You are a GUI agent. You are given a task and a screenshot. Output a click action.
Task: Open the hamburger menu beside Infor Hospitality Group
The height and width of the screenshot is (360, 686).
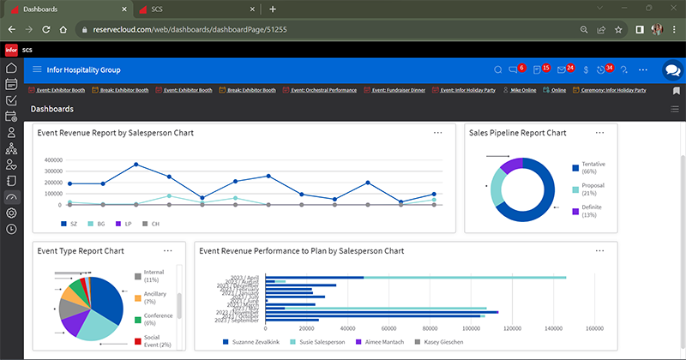(37, 69)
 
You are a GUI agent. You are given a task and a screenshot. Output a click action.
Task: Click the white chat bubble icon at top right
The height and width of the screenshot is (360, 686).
(671, 70)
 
